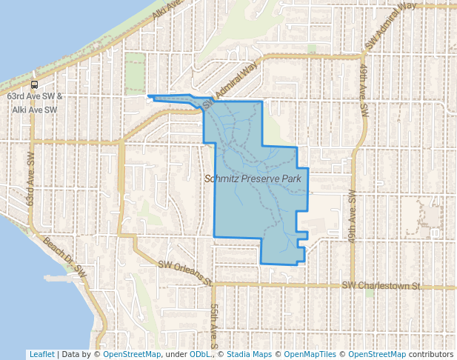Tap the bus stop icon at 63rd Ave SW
coord(34,85)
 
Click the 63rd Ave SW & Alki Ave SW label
coord(34,103)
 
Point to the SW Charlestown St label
coord(381,286)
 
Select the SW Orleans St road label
coord(186,273)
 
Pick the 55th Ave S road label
coord(213,326)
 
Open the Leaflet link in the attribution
coord(41,354)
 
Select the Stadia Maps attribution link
coord(249,354)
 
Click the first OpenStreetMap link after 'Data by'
coord(132,354)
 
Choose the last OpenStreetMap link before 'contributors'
coord(377,354)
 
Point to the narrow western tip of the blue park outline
coord(150,96)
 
